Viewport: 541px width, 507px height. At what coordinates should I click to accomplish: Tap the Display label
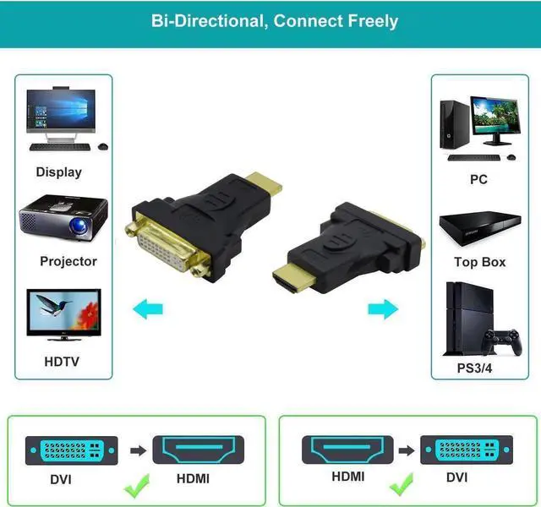tap(58, 172)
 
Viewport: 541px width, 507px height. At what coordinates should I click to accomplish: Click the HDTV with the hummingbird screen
tap(63, 313)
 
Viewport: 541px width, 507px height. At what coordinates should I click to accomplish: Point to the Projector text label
tap(68, 262)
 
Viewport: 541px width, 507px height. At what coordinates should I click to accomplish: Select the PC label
tap(478, 180)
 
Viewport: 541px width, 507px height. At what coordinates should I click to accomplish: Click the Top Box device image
tap(478, 226)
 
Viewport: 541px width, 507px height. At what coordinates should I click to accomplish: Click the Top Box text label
tap(479, 262)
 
